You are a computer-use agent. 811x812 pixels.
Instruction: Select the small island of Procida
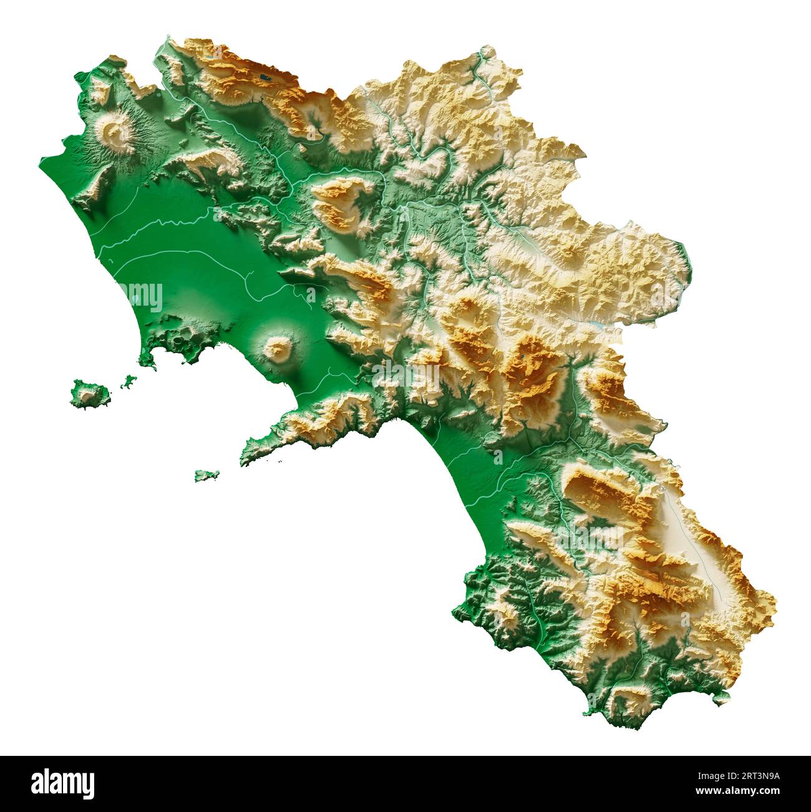128,382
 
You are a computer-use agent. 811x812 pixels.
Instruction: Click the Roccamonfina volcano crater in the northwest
115,132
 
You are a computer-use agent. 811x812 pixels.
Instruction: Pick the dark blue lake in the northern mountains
265,79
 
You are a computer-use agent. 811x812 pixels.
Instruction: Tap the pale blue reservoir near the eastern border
597,326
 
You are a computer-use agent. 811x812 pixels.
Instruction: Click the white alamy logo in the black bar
62,782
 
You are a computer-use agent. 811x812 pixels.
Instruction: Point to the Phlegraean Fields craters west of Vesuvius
181,340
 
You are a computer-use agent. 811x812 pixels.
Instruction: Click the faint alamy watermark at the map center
405,374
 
